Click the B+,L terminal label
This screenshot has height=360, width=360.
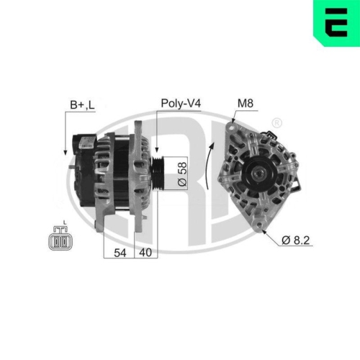click(82, 106)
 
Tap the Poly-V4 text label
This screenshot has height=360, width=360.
click(180, 103)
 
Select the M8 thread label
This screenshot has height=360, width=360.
click(246, 103)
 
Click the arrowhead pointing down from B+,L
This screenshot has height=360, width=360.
click(66, 153)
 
